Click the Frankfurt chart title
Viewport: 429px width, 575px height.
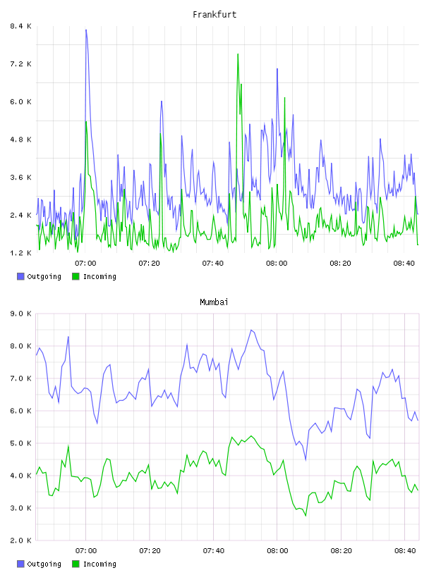(x=214, y=15)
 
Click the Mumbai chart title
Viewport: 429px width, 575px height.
(x=214, y=302)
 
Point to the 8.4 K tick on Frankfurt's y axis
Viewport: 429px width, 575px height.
(x=20, y=26)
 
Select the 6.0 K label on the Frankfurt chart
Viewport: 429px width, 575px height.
(x=20, y=101)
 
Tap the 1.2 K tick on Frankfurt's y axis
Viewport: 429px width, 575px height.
(x=20, y=253)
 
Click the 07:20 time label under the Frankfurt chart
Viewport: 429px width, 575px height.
(x=149, y=264)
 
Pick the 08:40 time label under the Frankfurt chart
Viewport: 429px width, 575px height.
(x=404, y=264)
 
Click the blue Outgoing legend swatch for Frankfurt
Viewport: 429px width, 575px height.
(x=20, y=276)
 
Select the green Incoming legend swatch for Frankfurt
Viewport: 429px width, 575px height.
(x=75, y=276)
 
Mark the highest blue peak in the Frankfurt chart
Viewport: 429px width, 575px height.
(x=86, y=30)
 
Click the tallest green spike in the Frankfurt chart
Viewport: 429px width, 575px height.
(x=238, y=54)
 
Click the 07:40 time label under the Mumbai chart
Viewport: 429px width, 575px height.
(x=213, y=551)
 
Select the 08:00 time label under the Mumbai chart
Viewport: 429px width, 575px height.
(x=277, y=551)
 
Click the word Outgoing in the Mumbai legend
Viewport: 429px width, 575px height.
(x=44, y=564)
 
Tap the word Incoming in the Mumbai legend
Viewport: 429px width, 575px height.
(x=99, y=564)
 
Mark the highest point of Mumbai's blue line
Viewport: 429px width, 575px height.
(x=251, y=330)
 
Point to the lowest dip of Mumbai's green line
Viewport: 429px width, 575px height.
(x=306, y=516)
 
